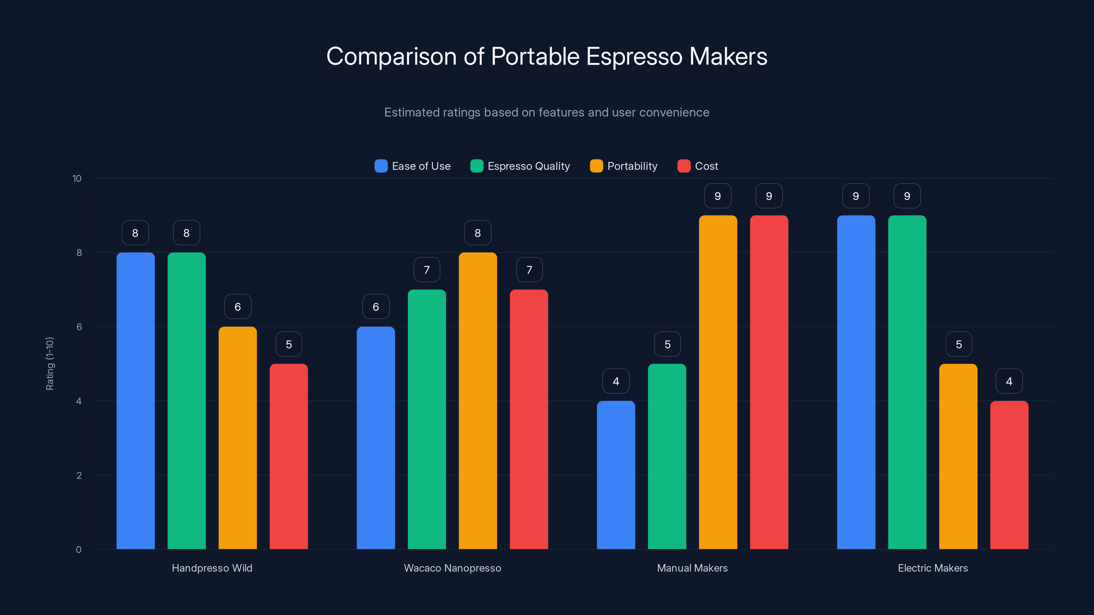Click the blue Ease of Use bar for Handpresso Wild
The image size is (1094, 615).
(135, 401)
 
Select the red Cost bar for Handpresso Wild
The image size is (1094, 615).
(289, 456)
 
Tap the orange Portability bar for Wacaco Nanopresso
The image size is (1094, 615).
(478, 401)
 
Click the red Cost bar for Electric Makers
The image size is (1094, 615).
(1009, 475)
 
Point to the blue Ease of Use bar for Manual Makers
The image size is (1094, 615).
(616, 475)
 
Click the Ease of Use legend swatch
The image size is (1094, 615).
(381, 166)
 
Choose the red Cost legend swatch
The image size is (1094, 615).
(684, 166)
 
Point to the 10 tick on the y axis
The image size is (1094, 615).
(77, 179)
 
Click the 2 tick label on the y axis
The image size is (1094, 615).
(79, 475)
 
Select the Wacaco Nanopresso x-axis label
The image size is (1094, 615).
(452, 568)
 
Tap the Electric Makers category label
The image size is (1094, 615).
(933, 568)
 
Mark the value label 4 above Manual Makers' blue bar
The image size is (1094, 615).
(616, 381)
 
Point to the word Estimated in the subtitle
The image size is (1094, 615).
(411, 112)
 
